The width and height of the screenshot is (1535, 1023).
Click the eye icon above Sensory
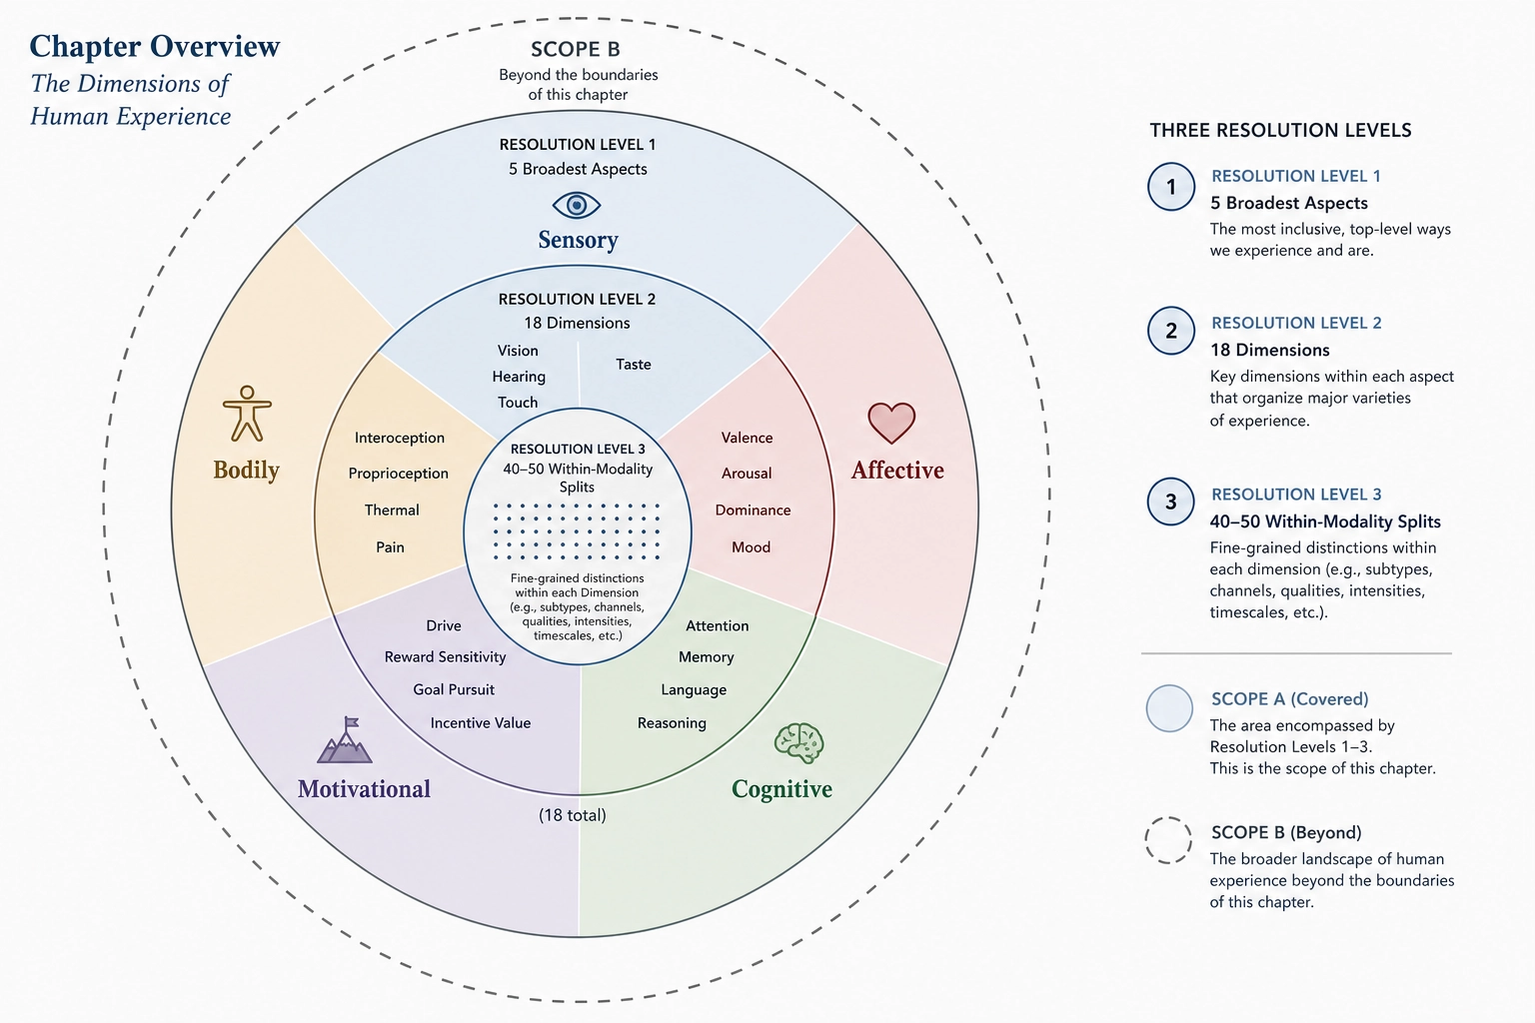coord(577,205)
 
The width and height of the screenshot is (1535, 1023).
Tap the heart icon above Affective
coord(891,423)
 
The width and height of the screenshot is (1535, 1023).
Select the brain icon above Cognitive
coord(799,742)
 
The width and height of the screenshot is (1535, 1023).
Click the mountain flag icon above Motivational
coord(345,740)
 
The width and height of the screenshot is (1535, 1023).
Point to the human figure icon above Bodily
coord(248,414)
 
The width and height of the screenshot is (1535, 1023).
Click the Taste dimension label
coord(634,364)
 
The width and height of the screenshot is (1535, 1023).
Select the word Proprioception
coord(398,474)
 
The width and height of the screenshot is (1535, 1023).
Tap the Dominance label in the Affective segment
coord(753,510)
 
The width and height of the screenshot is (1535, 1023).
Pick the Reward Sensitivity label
coord(445,657)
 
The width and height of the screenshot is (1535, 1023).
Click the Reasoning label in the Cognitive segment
coord(672,723)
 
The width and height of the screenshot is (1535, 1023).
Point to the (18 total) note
coord(573,815)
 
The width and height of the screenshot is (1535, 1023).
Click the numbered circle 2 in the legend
coord(1171,331)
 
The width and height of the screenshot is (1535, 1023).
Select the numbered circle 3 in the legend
coord(1171,502)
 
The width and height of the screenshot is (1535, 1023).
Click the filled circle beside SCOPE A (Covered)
coord(1169,708)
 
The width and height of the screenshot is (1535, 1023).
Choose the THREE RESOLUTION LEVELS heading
coord(1280,130)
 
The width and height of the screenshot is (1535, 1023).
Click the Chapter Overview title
coord(155,47)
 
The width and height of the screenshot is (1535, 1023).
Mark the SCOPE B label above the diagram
coord(576,49)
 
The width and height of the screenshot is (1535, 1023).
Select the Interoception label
coord(400,438)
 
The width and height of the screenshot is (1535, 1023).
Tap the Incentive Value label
coord(481,723)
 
